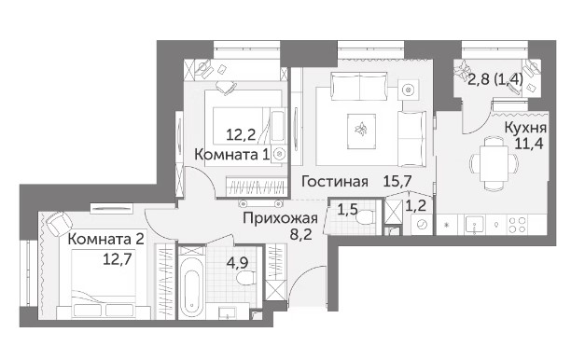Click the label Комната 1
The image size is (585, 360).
coord(231,155)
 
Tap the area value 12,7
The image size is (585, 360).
coord(118,258)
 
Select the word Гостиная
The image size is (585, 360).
coord(335,182)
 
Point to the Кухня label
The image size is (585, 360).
coord(525,128)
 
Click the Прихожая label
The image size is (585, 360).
coord(280,218)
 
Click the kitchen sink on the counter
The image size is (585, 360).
coord(475,225)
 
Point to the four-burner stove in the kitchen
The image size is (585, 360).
coord(519,225)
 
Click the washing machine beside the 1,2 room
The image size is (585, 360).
coord(422,225)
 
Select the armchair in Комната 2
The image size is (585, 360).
coord(59,224)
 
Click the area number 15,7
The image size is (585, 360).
coord(397,181)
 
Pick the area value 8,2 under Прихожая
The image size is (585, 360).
coord(301,235)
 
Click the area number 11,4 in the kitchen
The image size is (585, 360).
coord(529,143)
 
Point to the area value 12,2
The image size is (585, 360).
coord(241,134)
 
